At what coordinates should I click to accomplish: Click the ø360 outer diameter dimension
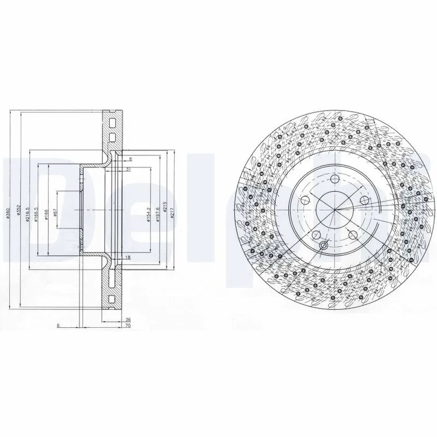coord(11,210)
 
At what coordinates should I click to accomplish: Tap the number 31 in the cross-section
coord(128,169)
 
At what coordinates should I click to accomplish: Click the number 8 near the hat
coord(130,159)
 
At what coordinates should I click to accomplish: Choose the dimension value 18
coord(127,258)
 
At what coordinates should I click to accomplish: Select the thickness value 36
coord(127,319)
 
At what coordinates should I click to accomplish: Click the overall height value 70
coord(127,326)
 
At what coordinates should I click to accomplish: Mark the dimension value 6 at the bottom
coord(58,326)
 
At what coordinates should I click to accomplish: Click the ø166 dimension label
coord(47,210)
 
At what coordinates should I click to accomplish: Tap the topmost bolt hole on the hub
coord(333,177)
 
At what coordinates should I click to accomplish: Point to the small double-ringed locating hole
coord(324,246)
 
